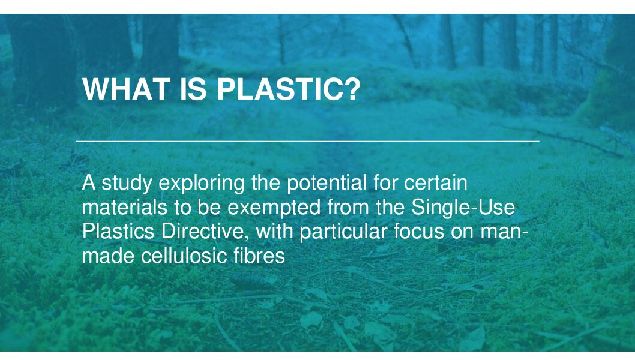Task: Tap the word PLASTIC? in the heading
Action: (289, 89)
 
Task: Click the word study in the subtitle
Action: (127, 184)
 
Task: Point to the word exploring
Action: (202, 184)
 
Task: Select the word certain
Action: (436, 182)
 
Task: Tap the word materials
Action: (125, 207)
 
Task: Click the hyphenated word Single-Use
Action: (463, 208)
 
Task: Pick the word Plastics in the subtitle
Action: (118, 231)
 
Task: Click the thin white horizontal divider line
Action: (307, 142)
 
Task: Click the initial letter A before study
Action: (89, 182)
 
